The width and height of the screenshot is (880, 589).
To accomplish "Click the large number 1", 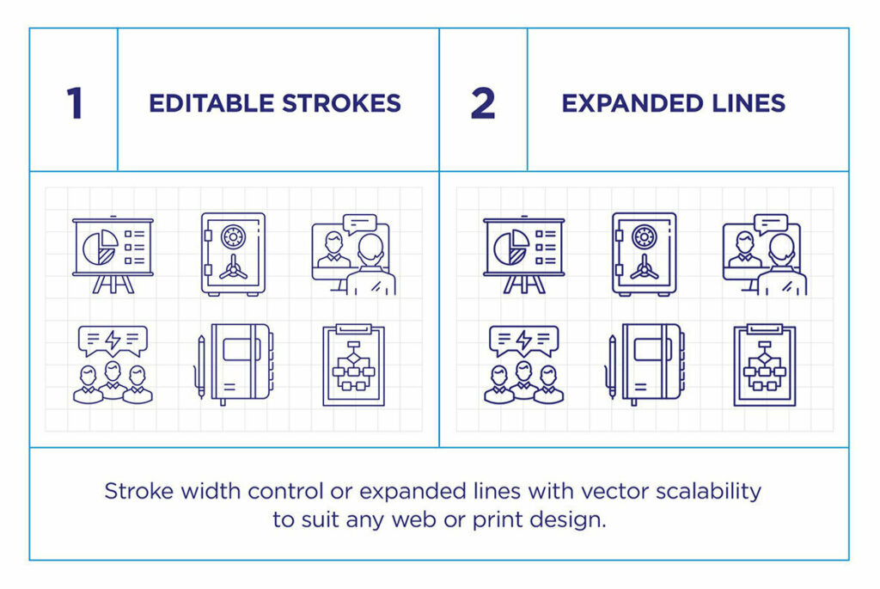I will coord(75,104).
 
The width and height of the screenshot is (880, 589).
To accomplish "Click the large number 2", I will coord(483,104).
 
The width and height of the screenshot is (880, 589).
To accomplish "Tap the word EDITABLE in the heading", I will coord(211,104).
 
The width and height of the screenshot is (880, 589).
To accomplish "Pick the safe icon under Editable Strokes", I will coord(233,255).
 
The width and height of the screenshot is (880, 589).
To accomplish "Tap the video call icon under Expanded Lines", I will coord(764,255).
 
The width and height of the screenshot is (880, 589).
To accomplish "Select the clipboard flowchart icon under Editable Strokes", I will coord(353,365).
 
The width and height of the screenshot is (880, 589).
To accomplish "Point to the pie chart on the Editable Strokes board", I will coord(101,247).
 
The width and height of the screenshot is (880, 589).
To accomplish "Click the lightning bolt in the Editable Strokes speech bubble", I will coord(113,341).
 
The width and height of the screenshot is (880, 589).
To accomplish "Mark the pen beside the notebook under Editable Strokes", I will coord(201,367).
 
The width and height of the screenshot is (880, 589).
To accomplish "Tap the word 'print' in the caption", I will coord(496,520).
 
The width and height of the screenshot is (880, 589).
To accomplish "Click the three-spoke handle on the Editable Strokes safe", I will coord(232,269).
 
